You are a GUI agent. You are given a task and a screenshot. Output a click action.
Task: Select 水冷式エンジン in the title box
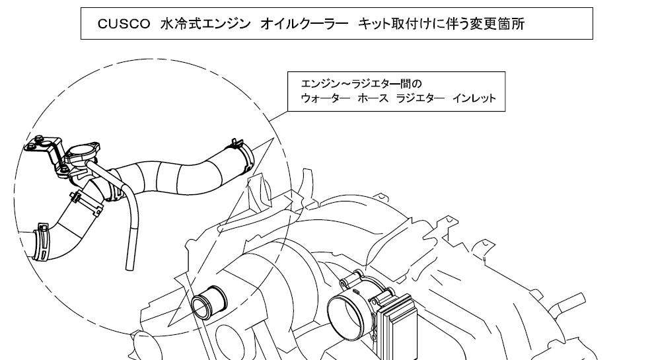[205, 24]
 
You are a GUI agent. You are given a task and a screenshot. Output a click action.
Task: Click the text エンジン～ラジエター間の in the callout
[361, 84]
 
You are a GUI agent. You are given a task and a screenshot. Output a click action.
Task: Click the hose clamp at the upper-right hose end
[242, 153]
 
